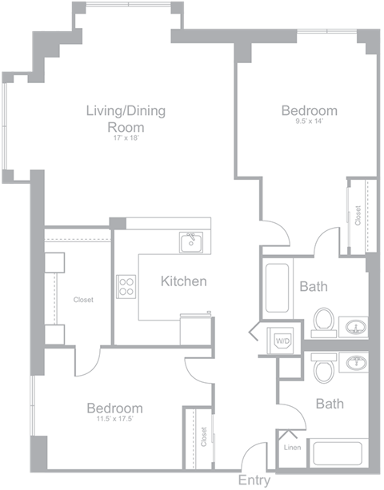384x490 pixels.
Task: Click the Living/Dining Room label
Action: click(x=126, y=118)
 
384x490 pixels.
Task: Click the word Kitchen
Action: click(x=184, y=281)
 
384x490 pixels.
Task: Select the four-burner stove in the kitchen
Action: click(x=126, y=286)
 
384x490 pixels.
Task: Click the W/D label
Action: click(x=283, y=341)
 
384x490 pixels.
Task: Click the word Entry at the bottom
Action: click(x=254, y=481)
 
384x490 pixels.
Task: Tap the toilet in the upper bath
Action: click(x=323, y=321)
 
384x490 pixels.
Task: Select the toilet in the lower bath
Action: click(x=324, y=368)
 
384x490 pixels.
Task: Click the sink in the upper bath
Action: click(x=354, y=326)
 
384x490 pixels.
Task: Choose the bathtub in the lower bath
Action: click(x=337, y=452)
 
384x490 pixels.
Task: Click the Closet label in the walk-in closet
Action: click(x=83, y=301)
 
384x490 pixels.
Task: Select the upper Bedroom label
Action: click(x=309, y=110)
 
